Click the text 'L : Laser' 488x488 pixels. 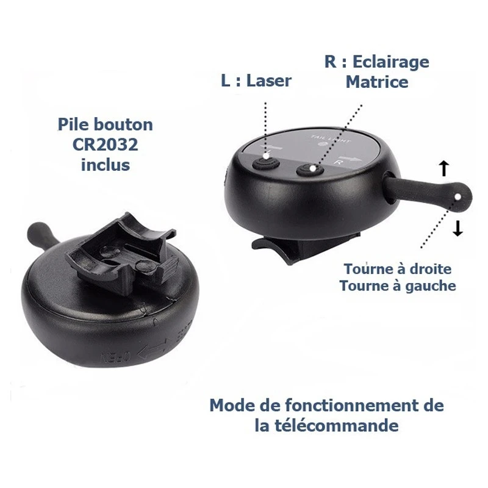pyautogui.click(x=256, y=81)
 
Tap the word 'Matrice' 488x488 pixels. pyautogui.click(x=377, y=82)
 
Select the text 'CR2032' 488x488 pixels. pyautogui.click(x=106, y=145)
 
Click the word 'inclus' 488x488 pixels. pyautogui.click(x=106, y=164)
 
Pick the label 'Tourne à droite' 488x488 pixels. pyautogui.click(x=398, y=269)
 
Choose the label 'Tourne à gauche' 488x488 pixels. pyautogui.click(x=398, y=285)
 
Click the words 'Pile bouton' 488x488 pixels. pyautogui.click(x=106, y=125)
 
